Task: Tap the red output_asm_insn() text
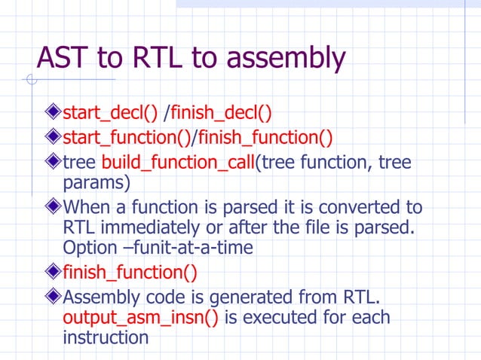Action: [x=141, y=317]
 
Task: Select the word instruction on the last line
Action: [x=106, y=337]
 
